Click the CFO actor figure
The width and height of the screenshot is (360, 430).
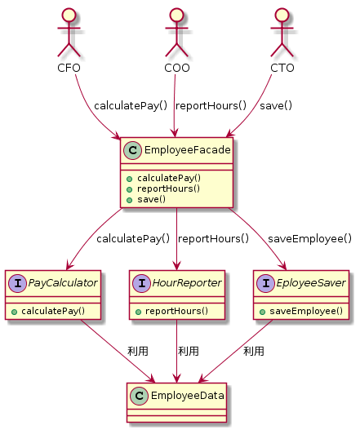pyautogui.click(x=69, y=32)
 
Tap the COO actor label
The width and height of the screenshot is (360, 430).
pyautogui.click(x=177, y=68)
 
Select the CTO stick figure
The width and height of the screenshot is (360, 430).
pyautogui.click(x=282, y=32)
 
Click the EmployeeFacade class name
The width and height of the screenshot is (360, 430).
pyautogui.click(x=188, y=150)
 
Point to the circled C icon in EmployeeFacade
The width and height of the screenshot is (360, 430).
pyautogui.click(x=132, y=150)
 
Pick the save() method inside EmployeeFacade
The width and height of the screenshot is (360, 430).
pyautogui.click(x=152, y=199)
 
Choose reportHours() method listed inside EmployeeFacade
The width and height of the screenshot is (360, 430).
pyautogui.click(x=168, y=188)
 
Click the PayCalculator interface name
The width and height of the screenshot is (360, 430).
pyautogui.click(x=63, y=283)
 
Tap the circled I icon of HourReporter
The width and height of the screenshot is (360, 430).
pyautogui.click(x=141, y=283)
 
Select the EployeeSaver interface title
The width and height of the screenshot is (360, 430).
pyautogui.click(x=311, y=283)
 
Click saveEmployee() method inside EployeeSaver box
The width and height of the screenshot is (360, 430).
pyautogui.click(x=306, y=311)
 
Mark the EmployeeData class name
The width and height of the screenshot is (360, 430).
pyautogui.click(x=188, y=396)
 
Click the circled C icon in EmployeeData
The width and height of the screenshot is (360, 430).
pyautogui.click(x=139, y=396)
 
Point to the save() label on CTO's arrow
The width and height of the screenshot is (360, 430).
pyautogui.click(x=276, y=105)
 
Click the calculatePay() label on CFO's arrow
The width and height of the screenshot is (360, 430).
pyautogui.click(x=131, y=105)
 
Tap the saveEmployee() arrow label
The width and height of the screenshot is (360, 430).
pyautogui.click(x=309, y=239)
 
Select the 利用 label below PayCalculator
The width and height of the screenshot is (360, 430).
pyautogui.click(x=138, y=352)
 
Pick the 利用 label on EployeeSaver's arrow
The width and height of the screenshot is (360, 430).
pyautogui.click(x=254, y=352)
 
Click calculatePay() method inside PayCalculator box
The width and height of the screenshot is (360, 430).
pyautogui.click(x=53, y=311)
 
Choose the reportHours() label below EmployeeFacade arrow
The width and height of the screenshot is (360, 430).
pyautogui.click(x=213, y=239)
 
